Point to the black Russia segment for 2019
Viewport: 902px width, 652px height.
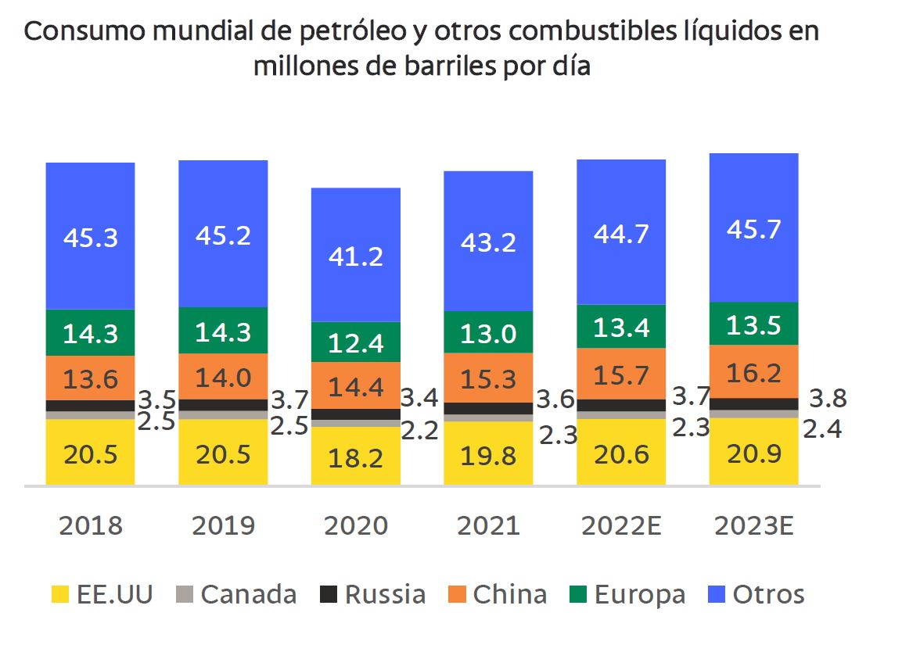(223, 405)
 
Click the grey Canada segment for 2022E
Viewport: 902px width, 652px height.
(621, 415)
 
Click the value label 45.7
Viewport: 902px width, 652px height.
(753, 229)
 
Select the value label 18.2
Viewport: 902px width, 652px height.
(356, 457)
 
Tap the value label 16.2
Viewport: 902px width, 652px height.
(753, 374)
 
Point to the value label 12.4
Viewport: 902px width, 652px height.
(356, 342)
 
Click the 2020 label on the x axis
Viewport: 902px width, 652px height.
(356, 525)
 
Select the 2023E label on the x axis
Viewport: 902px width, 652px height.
(753, 525)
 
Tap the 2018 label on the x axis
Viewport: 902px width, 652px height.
(90, 525)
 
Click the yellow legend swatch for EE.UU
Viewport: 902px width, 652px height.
(60, 595)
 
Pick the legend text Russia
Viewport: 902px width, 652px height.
(385, 595)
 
